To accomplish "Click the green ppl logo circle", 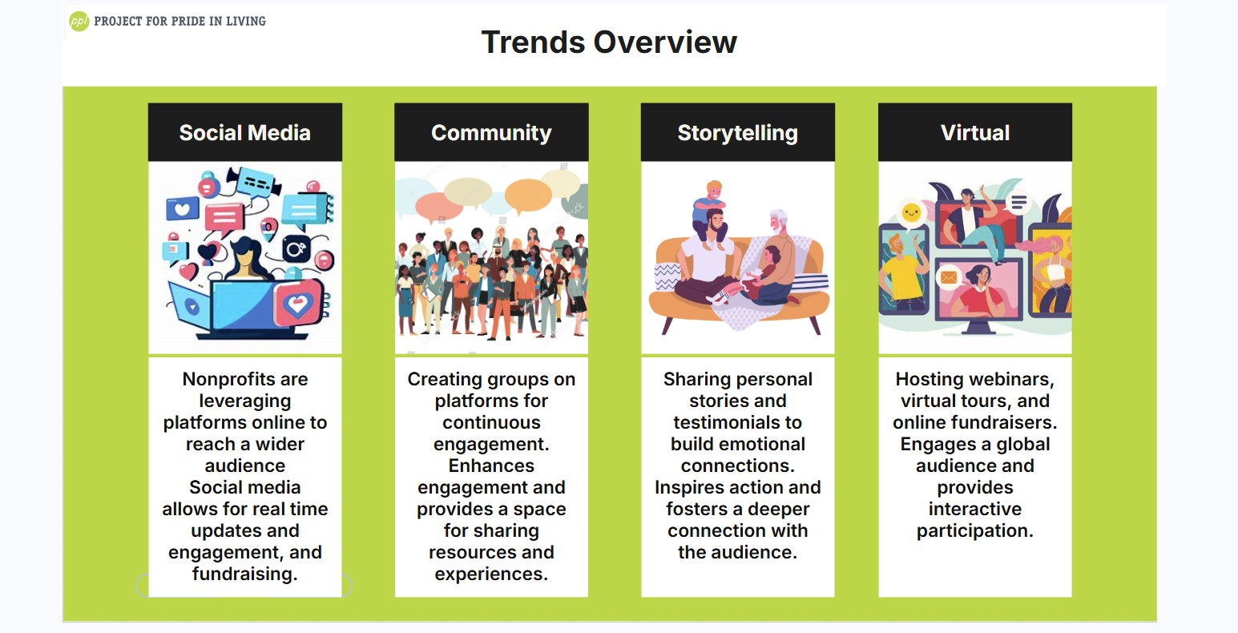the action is tap(79, 22).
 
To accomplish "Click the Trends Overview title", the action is tap(609, 42).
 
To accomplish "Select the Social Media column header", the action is tap(245, 132).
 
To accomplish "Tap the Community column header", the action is tap(491, 132).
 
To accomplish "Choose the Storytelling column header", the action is tap(738, 132).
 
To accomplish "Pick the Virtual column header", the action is tap(975, 132).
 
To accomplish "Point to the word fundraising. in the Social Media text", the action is tap(245, 575).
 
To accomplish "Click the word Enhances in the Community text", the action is tap(491, 466).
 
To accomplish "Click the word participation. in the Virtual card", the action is tap(975, 531).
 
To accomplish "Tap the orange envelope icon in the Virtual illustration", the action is tap(949, 276).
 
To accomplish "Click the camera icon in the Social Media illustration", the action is tap(296, 249).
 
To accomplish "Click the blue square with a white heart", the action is tap(183, 209).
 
